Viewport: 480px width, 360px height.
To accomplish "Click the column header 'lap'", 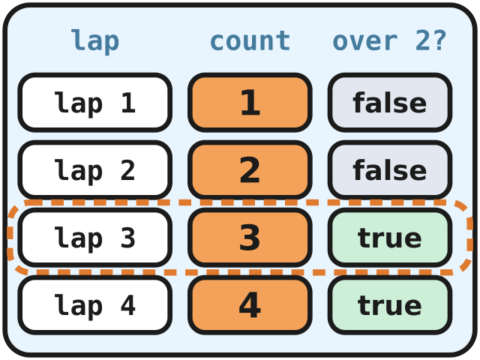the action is click(95, 42).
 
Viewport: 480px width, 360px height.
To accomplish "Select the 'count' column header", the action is click(250, 41).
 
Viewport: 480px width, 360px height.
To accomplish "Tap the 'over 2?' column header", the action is click(389, 41).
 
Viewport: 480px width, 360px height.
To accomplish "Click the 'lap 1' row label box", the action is click(95, 103).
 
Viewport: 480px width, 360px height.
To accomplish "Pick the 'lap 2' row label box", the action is click(95, 170).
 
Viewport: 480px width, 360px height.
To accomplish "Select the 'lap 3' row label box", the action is click(95, 237).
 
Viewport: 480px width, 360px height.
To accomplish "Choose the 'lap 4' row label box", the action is click(95, 305).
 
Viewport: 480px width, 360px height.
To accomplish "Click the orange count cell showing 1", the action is click(250, 103).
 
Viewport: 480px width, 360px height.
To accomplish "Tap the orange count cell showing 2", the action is click(250, 170).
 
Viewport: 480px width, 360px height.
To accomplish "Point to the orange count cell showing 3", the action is click(250, 237).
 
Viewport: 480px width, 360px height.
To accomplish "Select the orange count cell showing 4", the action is click(250, 305).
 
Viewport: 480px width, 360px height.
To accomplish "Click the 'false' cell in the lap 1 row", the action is click(390, 103).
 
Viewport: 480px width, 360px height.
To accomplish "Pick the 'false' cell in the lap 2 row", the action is click(390, 170).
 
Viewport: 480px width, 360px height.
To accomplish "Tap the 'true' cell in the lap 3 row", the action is click(390, 237).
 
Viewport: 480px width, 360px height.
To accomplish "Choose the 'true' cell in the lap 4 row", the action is click(390, 305).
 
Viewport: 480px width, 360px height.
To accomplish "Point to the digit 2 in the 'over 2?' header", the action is click(423, 40).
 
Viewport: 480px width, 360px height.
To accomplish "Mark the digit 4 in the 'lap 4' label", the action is click(128, 305).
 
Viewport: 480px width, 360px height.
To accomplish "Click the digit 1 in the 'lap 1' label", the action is click(128, 103).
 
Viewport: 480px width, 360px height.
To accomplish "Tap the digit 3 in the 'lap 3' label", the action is click(128, 237).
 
